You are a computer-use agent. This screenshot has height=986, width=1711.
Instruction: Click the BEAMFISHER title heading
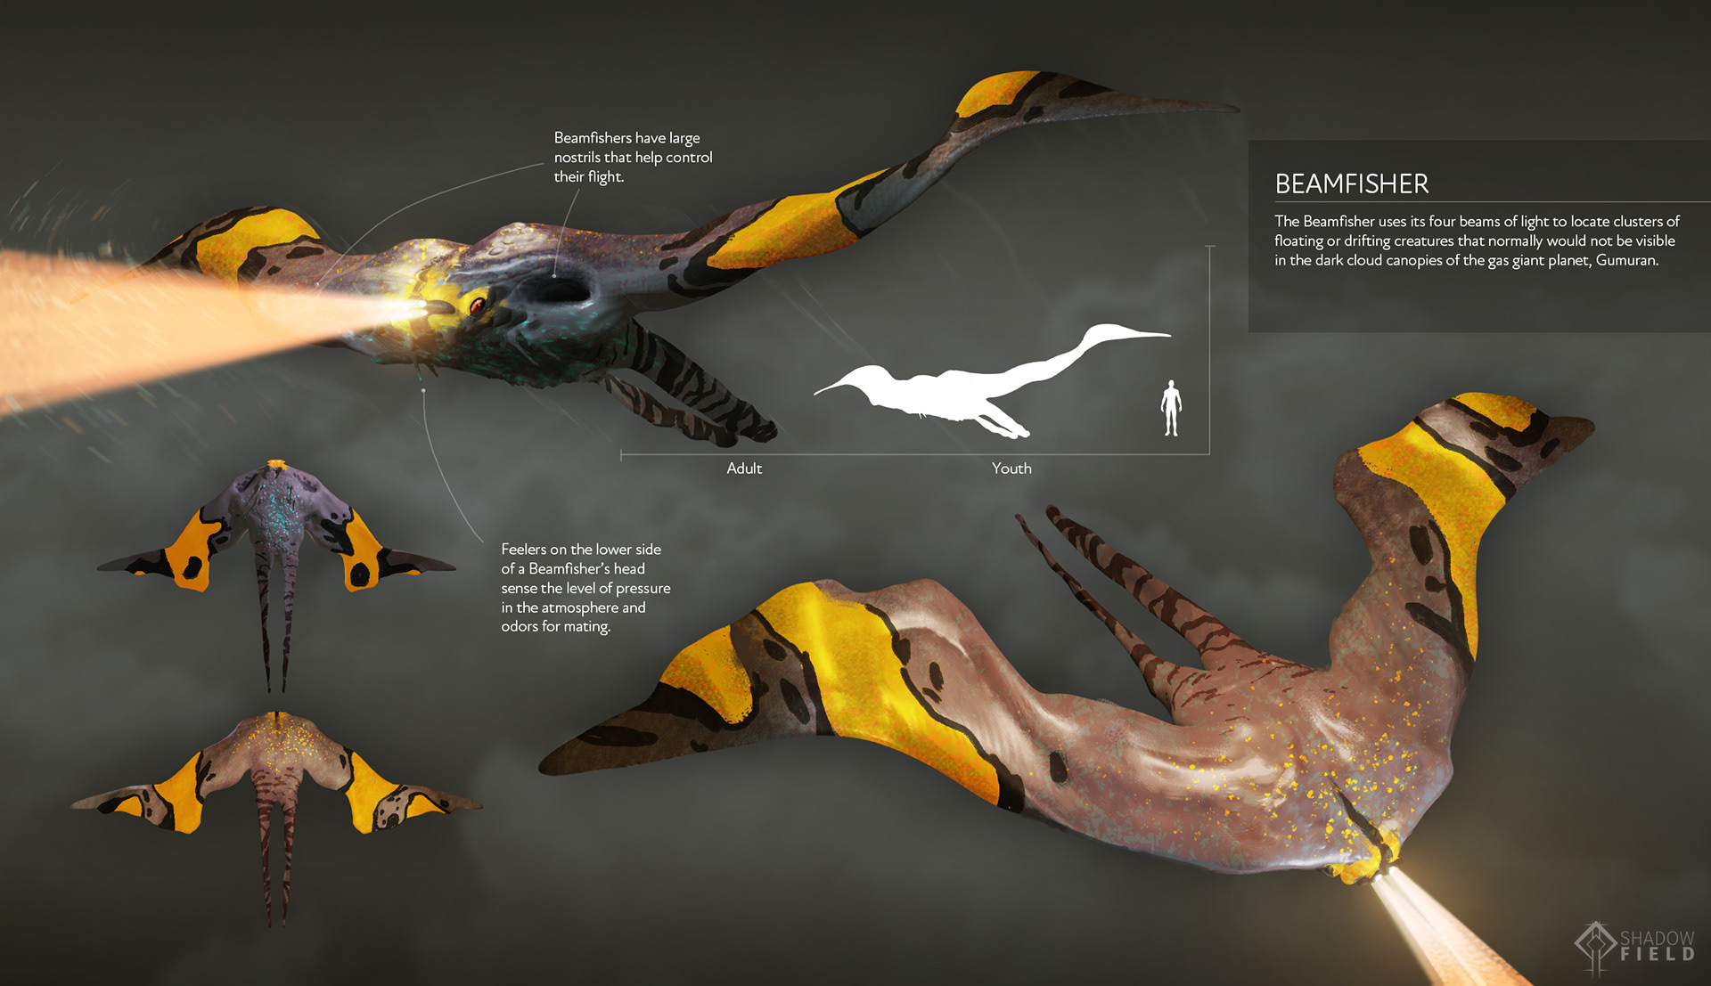[1351, 184]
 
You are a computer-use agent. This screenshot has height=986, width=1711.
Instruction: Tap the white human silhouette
[1171, 408]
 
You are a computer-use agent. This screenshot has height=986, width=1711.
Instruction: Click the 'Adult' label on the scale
[744, 469]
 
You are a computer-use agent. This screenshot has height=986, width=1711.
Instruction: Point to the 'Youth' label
[1011, 469]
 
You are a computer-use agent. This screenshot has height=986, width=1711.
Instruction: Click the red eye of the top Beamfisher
[478, 305]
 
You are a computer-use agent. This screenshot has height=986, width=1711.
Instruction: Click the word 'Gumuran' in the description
[1625, 261]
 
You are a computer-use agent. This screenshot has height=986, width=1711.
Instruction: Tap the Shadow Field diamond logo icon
[1595, 946]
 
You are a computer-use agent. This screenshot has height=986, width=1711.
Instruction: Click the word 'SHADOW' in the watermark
[1657, 939]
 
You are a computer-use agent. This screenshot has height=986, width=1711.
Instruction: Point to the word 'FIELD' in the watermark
[1657, 955]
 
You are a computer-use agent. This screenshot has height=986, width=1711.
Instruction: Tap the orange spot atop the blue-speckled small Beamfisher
[276, 465]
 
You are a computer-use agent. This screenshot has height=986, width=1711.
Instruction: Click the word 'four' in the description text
[1442, 222]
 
